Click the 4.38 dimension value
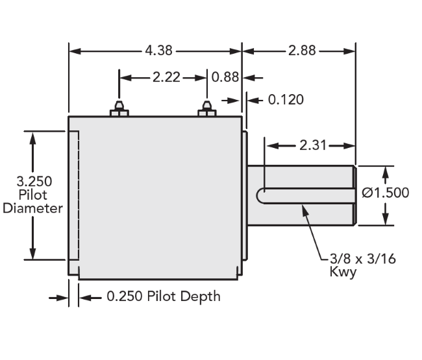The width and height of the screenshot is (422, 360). pyautogui.click(x=159, y=51)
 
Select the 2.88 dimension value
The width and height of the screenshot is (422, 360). pyautogui.click(x=302, y=51)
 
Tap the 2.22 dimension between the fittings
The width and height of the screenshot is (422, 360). pyautogui.click(x=166, y=77)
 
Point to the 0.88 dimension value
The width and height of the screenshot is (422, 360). pyautogui.click(x=225, y=77)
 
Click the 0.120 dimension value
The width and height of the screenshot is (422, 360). pyautogui.click(x=286, y=100)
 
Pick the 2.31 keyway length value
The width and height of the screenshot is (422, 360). pyautogui.click(x=313, y=145)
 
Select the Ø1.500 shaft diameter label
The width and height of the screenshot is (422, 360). pyautogui.click(x=386, y=193)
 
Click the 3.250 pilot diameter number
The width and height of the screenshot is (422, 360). pyautogui.click(x=34, y=182)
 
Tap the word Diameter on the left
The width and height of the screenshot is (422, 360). pyautogui.click(x=33, y=209)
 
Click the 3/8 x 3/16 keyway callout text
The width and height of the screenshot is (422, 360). pyautogui.click(x=363, y=259)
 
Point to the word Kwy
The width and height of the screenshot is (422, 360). pyautogui.click(x=343, y=272)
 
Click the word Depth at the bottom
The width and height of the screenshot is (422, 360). pyautogui.click(x=200, y=297)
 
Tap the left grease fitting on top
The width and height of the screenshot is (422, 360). pyautogui.click(x=119, y=108)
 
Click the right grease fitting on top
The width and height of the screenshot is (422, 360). pyautogui.click(x=207, y=108)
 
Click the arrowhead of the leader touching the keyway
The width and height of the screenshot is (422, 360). pyautogui.click(x=304, y=210)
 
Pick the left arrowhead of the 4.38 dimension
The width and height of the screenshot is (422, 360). pyautogui.click(x=75, y=51)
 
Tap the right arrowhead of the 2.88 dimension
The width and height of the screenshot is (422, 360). pyautogui.click(x=349, y=51)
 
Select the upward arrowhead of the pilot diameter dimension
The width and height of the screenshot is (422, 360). pyautogui.click(x=32, y=138)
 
